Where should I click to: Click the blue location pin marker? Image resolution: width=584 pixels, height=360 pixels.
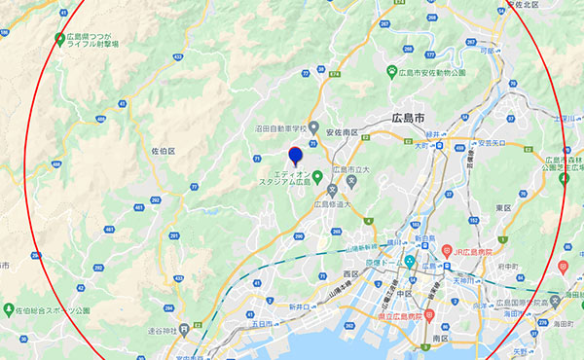coord(297,154)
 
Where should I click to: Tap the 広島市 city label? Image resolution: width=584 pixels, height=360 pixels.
coord(407,117)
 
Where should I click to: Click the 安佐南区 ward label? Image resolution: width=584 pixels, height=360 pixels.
coord(342,132)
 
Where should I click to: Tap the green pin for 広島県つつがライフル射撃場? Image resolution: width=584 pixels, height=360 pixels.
coord(59,40)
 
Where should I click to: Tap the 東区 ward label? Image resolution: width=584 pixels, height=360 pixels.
coord(503,207)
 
